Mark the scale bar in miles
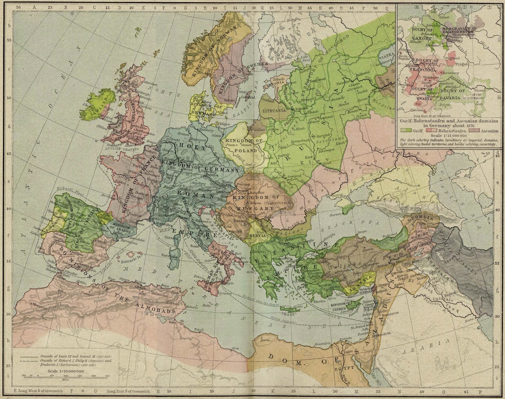click(x=66, y=376)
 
